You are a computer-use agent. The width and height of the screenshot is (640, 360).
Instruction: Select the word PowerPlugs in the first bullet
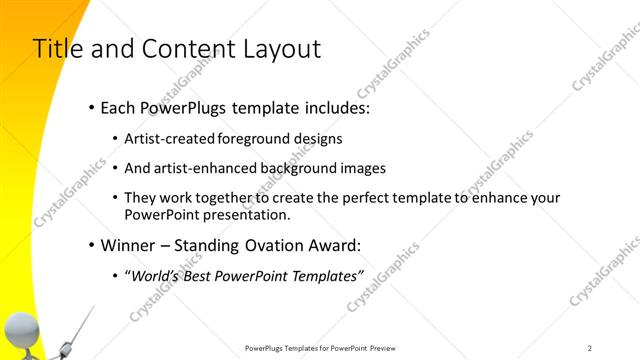click(x=180, y=106)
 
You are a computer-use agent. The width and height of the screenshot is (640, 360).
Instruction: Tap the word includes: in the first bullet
click(x=334, y=106)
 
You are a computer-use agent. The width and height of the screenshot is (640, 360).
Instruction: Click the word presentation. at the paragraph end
click(x=252, y=215)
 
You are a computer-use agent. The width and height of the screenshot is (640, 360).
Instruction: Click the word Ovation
click(x=265, y=245)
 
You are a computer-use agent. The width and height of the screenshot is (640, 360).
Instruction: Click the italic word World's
click(x=154, y=277)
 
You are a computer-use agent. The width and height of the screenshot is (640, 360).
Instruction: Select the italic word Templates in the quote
click(x=323, y=277)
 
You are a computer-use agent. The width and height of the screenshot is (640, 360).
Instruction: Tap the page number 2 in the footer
click(x=590, y=348)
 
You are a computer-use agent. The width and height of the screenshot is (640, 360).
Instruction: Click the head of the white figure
click(x=21, y=328)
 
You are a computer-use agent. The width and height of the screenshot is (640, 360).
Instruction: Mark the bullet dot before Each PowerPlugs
click(x=92, y=106)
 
